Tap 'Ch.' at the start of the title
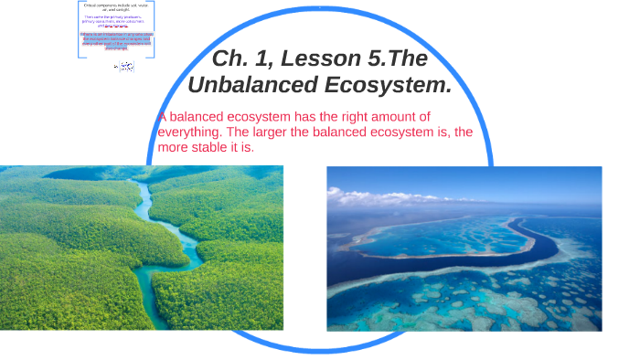coord(229,59)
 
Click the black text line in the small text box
coord(117,7)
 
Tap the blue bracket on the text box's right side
coord(154,27)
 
